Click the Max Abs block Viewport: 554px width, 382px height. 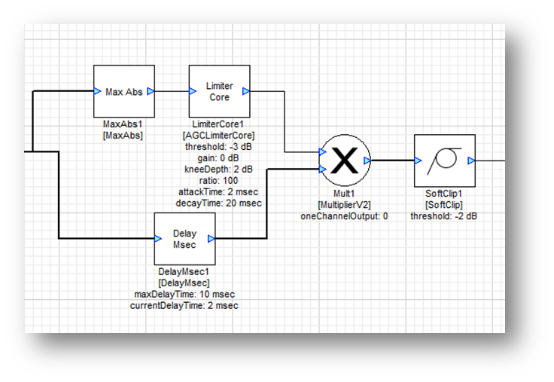click(x=124, y=91)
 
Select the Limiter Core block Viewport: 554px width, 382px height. click(x=219, y=91)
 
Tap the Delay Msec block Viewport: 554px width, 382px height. click(x=184, y=239)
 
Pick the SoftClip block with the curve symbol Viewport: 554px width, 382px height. click(x=444, y=160)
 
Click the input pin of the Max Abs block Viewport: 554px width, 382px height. click(x=97, y=91)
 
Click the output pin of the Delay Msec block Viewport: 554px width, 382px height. click(x=212, y=239)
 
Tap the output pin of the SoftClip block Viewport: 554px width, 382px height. click(x=471, y=160)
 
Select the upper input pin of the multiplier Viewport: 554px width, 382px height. click(x=322, y=152)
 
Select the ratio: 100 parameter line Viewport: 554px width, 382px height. click(x=219, y=180)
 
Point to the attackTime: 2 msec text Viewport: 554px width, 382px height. click(x=219, y=191)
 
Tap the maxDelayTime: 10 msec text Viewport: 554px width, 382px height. click(x=184, y=294)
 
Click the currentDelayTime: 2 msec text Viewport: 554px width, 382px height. click(x=184, y=305)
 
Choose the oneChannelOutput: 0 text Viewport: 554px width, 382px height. click(x=343, y=216)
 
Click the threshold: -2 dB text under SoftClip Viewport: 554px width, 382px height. click(x=443, y=216)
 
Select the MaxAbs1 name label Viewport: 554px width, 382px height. click(x=123, y=124)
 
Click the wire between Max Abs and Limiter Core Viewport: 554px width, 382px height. click(x=172, y=91)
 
